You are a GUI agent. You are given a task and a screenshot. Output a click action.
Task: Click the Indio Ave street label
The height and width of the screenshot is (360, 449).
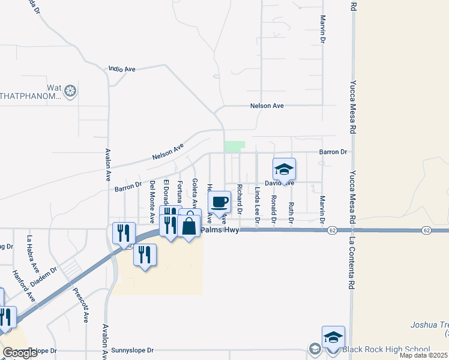point(122,70)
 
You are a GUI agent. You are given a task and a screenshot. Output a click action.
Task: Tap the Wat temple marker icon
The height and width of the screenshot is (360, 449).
point(71,91)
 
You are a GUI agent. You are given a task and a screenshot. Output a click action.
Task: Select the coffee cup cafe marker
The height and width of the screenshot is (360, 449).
point(220,202)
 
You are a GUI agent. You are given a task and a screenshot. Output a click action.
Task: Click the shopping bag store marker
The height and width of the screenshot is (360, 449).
point(189,226)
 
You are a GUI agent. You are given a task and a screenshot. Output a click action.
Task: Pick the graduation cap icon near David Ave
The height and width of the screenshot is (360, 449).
point(284,169)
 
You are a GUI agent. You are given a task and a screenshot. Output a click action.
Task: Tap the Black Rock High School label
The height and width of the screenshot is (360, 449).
point(386,349)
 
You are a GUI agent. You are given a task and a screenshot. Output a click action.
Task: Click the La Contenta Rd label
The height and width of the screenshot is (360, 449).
point(348,257)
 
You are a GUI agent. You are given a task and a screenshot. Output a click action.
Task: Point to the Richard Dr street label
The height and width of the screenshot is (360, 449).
point(239,199)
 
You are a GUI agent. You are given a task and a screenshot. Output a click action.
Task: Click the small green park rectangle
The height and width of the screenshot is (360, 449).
point(235,146)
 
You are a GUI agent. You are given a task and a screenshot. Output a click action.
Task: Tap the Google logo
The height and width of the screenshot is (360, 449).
point(20,353)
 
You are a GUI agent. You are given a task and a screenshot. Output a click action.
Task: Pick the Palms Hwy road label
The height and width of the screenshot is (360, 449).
point(220,230)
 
